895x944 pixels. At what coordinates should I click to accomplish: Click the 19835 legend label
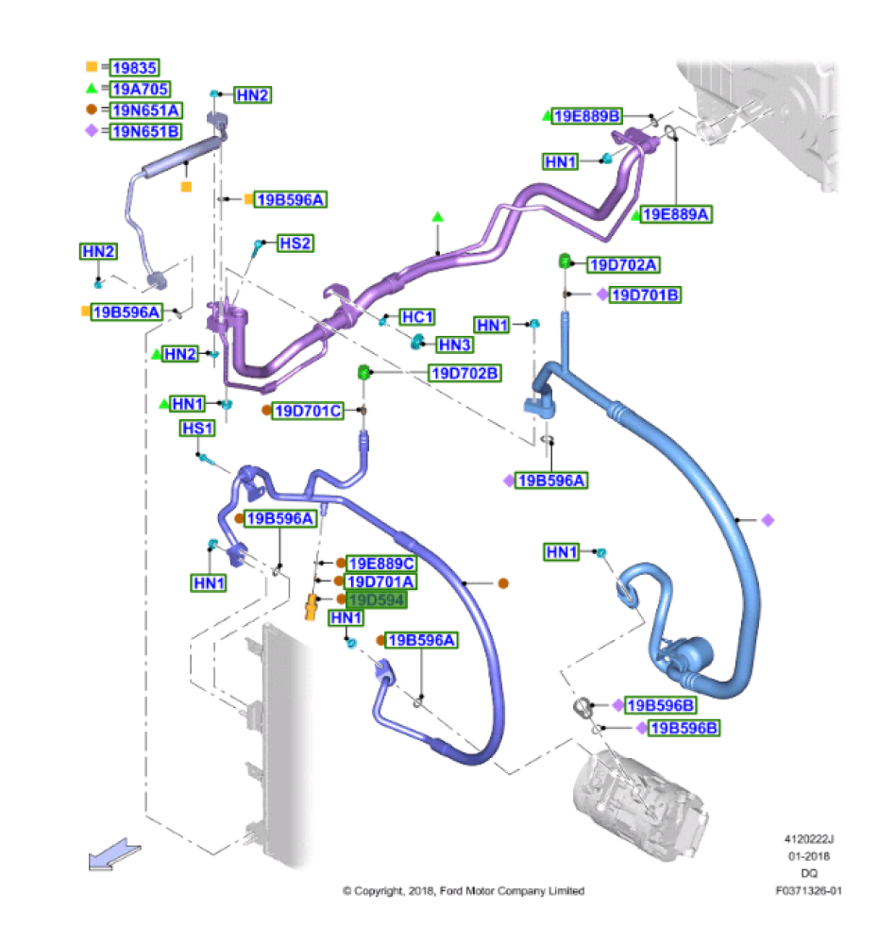point(134,67)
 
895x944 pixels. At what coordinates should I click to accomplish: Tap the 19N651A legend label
point(145,110)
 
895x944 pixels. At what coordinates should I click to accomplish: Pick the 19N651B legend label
point(145,131)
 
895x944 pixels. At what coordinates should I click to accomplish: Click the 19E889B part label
point(587,116)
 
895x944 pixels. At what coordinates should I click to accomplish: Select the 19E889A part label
point(676,214)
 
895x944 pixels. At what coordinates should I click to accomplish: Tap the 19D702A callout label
point(623,264)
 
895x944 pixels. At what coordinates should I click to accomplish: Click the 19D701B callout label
point(646,295)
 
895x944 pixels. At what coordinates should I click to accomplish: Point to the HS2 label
point(295,244)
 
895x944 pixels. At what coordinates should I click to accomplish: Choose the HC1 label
point(417,317)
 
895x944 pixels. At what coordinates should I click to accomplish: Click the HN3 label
point(454,345)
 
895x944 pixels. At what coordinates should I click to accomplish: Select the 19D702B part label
point(464,373)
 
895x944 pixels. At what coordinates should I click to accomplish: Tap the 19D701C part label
point(308,411)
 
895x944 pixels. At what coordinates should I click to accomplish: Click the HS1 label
point(198,429)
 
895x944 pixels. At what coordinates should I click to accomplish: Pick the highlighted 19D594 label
point(377,600)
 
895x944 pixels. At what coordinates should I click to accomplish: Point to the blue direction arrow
point(113,855)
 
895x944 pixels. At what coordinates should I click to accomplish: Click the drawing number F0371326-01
point(808,890)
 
